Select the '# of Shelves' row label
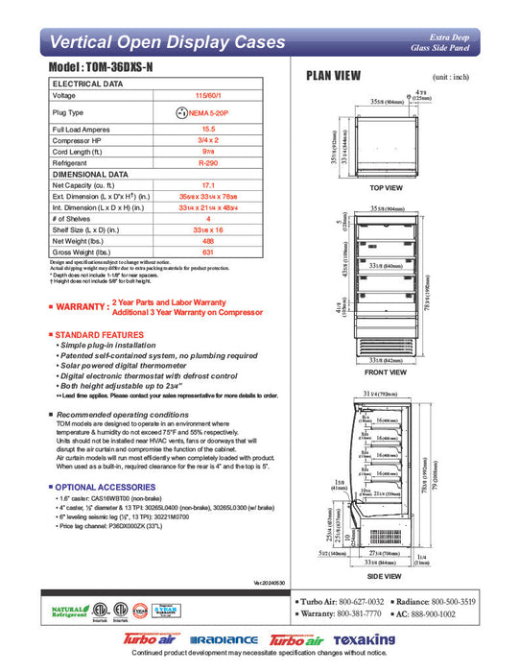click(x=77, y=220)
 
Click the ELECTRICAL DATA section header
click(x=88, y=84)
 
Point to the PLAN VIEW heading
click(x=333, y=77)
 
